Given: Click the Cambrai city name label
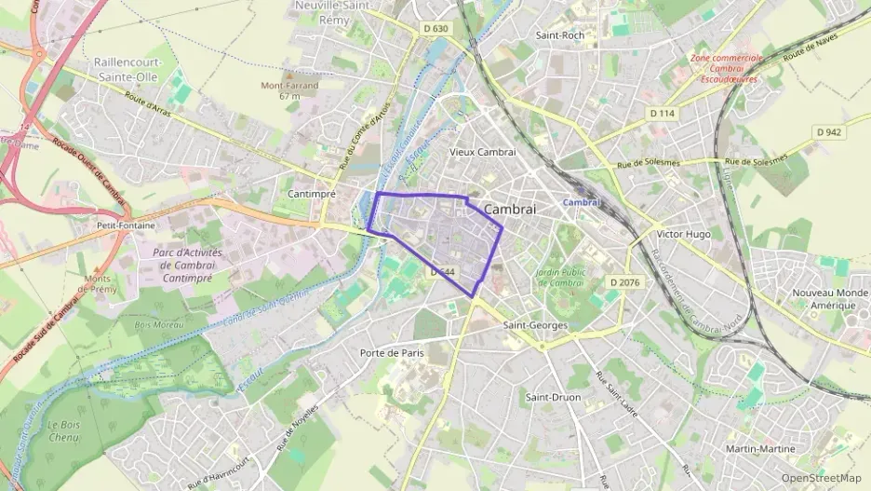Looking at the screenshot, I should [510, 210].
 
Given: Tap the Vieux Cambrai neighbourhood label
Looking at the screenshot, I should [482, 152].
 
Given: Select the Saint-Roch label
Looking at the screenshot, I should [560, 35].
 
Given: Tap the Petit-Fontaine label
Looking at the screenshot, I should [126, 225].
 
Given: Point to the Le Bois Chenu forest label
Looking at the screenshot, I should [64, 430].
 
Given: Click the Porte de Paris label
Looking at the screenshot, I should [392, 353].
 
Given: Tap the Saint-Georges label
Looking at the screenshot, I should [535, 325].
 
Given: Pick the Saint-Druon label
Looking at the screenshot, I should [553, 398].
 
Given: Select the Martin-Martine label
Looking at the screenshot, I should [760, 449].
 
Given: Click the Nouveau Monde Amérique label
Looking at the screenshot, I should [811, 299].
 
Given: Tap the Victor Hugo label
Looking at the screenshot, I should [683, 234].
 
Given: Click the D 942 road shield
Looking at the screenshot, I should [828, 132].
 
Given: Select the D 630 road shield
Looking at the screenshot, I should [435, 29].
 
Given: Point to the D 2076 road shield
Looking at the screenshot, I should [625, 281].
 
